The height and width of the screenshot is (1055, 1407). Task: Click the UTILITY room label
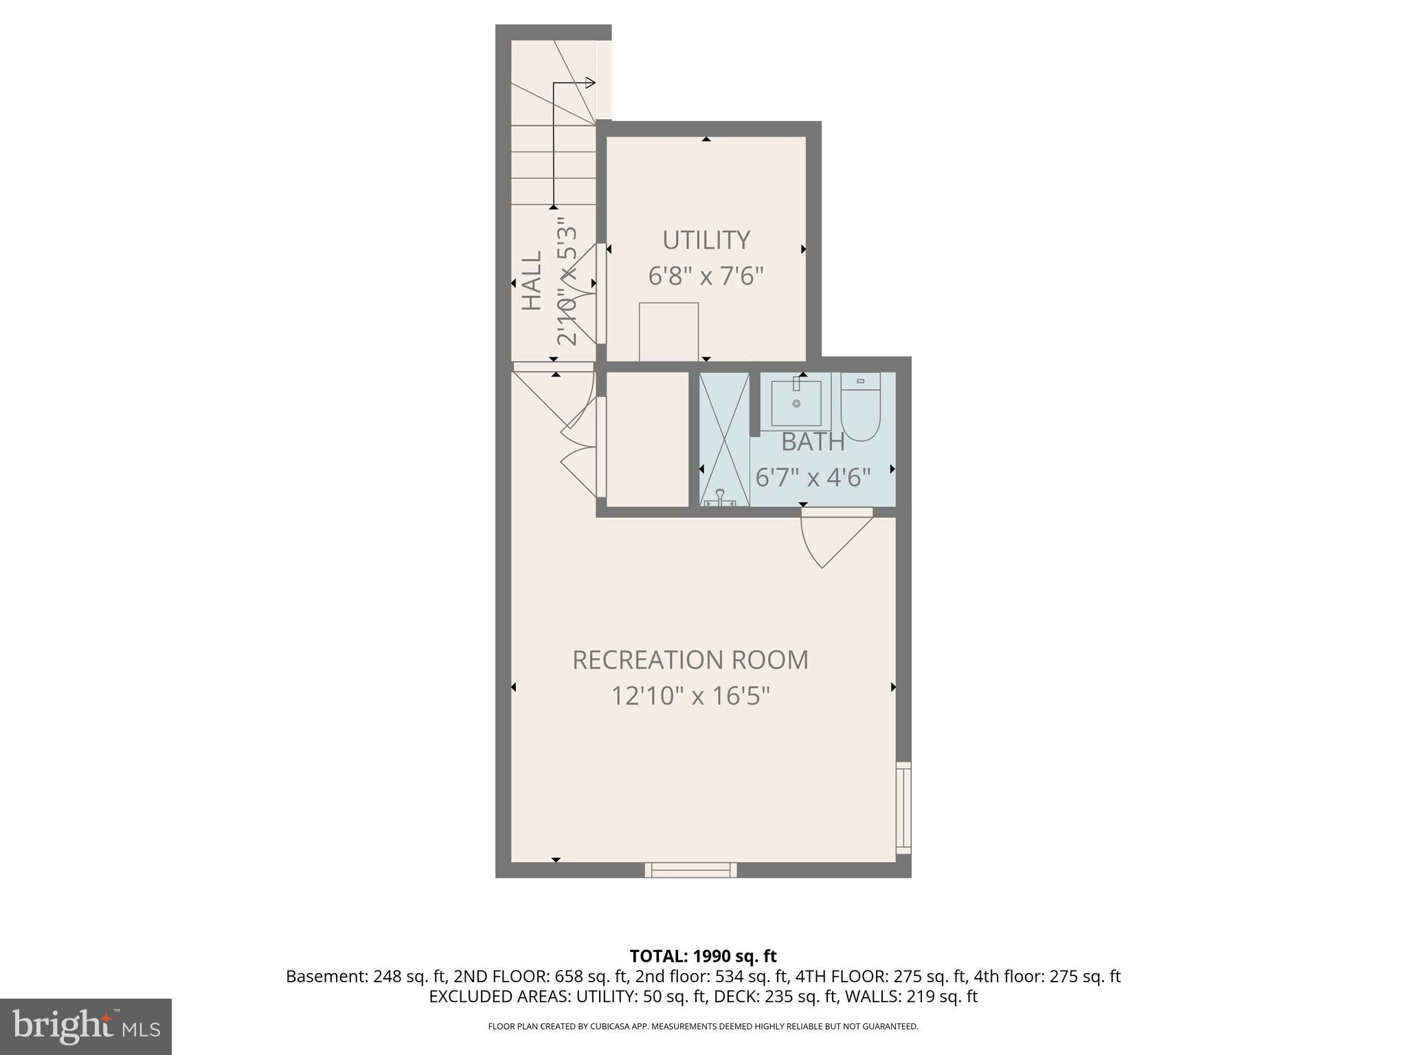click(706, 240)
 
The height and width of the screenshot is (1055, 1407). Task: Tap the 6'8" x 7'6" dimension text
click(706, 277)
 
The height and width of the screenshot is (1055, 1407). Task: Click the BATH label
click(813, 442)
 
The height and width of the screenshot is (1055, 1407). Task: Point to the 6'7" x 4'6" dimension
click(813, 477)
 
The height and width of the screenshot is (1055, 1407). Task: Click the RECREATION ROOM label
click(690, 660)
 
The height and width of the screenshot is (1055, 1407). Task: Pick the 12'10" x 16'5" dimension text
click(690, 696)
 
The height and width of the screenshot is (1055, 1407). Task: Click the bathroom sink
click(796, 403)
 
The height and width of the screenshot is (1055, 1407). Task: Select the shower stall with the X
click(724, 440)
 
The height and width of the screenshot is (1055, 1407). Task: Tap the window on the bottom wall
click(690, 870)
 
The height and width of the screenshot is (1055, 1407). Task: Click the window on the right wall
click(903, 808)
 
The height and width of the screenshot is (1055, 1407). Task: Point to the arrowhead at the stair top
click(589, 83)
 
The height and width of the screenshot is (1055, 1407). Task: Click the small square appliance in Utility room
click(668, 331)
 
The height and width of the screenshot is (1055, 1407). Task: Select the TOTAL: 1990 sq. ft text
click(703, 956)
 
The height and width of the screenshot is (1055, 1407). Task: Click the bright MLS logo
click(85, 1026)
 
